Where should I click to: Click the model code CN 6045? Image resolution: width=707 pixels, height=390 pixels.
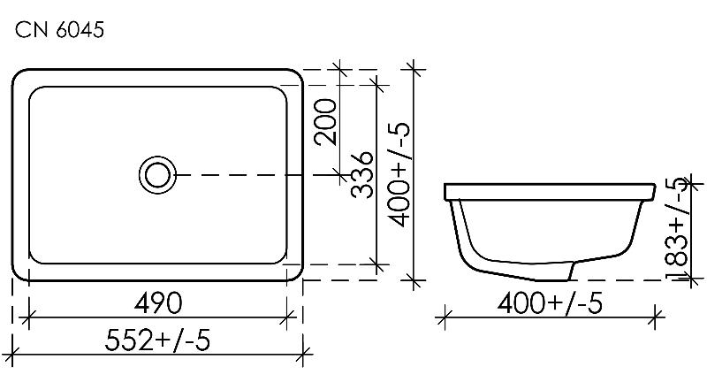pos(59,30)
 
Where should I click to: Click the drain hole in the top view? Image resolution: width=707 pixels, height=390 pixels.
pos(157,175)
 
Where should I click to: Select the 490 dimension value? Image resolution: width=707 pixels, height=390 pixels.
pos(158,302)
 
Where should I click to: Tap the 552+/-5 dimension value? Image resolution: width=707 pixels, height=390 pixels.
pos(158,340)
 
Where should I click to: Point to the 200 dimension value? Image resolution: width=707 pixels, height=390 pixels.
pos(325,122)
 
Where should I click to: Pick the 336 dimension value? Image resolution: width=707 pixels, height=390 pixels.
pos(362,175)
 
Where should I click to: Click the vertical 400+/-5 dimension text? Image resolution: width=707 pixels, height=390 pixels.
pos(399,174)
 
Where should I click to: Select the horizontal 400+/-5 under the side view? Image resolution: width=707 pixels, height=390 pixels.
pos(550,302)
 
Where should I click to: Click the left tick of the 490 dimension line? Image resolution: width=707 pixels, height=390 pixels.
pos(29,317)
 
